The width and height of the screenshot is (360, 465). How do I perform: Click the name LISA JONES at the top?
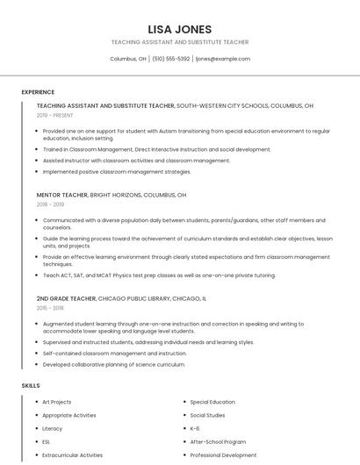[x=180, y=29]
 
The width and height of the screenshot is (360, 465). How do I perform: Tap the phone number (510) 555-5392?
[x=170, y=59]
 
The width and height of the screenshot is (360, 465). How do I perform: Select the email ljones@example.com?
[x=223, y=59]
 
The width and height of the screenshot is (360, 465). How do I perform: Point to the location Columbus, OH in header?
[x=128, y=59]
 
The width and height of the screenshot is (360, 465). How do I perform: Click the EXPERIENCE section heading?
[x=38, y=92]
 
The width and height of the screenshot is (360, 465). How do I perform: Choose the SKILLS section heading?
[x=31, y=386]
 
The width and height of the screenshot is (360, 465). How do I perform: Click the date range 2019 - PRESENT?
[x=55, y=115]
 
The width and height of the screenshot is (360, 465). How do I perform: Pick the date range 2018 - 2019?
[x=51, y=204]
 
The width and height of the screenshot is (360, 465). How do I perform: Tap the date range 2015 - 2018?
[x=51, y=309]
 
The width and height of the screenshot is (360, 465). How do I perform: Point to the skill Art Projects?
[x=57, y=402]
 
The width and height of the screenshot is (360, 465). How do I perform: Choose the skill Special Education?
[x=212, y=402]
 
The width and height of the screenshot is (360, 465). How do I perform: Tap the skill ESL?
[x=47, y=442]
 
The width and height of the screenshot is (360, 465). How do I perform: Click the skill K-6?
[x=195, y=429]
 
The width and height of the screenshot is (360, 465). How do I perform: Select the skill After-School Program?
[x=218, y=442]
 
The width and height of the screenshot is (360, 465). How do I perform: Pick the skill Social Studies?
[x=207, y=415]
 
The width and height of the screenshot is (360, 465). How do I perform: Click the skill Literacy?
[x=53, y=429]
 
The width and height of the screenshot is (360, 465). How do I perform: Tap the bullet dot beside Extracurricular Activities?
[x=34, y=455]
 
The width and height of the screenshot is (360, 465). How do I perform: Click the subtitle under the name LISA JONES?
[x=180, y=42]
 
